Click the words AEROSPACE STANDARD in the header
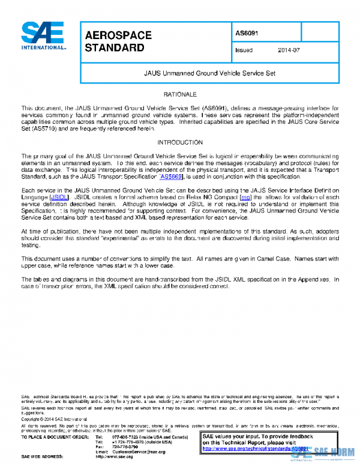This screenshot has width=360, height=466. click(118, 40)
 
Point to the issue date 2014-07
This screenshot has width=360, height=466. click(288, 50)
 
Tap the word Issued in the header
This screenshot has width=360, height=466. click(244, 50)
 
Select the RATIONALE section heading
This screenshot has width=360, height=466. click(180, 95)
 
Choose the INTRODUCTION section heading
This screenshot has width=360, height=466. click(180, 142)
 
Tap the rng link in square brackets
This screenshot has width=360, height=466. click(245, 196)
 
